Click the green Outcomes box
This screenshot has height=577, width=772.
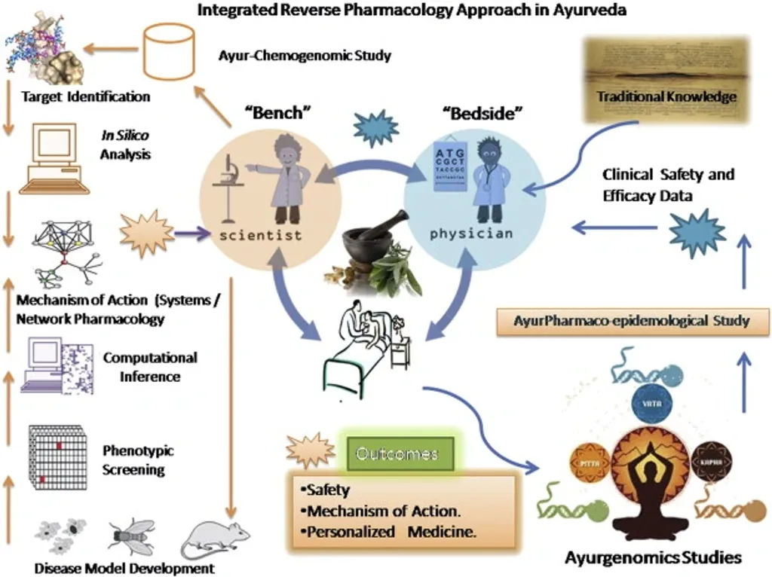[397, 454]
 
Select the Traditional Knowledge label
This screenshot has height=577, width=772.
[666, 96]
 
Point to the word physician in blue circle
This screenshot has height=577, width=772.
[470, 234]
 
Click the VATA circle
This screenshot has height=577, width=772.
[647, 402]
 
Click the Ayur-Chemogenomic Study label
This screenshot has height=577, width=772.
[305, 56]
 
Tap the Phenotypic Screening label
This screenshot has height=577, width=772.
[138, 459]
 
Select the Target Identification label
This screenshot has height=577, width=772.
[85, 96]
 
